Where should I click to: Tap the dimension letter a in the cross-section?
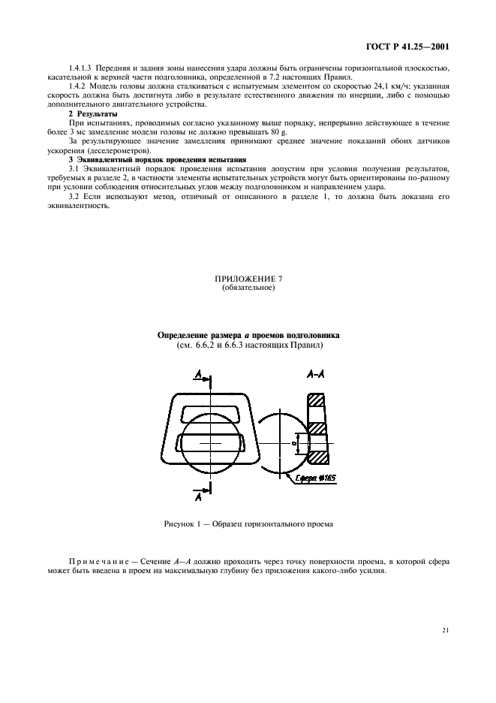pos(295,442)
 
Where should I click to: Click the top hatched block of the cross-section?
pos(315,401)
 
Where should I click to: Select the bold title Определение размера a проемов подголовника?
pos(248,336)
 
